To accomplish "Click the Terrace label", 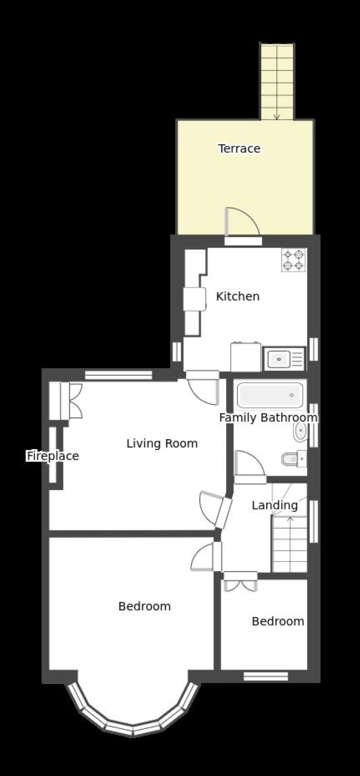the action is [239, 149].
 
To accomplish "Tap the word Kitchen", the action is [237, 297].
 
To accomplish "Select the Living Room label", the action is [162, 443].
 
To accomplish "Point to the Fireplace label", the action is [53, 456].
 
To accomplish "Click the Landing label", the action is [275, 506].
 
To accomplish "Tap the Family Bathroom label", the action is [269, 418].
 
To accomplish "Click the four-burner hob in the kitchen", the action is [294, 260].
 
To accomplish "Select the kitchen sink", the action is [284, 358].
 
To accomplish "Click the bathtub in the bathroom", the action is [270, 395].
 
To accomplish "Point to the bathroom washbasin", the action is [300, 432].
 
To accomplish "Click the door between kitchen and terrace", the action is [242, 224].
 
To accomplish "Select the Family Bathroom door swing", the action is [250, 464].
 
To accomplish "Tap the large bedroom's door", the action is [206, 557].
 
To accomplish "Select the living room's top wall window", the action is [119, 375].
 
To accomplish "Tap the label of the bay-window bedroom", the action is [145, 606].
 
